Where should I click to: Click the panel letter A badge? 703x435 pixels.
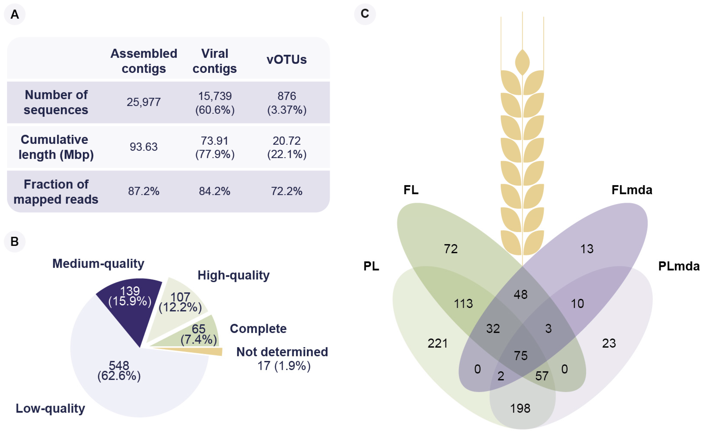(14, 14)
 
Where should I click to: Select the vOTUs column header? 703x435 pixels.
(286, 59)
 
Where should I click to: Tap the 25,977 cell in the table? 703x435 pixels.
(144, 102)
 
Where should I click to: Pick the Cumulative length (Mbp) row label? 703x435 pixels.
(56, 147)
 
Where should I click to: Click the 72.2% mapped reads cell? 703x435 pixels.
(286, 191)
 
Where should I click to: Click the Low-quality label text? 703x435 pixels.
(50, 408)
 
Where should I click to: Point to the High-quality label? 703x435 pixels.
(233, 275)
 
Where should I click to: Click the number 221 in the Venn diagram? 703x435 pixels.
(437, 343)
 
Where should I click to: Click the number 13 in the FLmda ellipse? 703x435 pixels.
(587, 249)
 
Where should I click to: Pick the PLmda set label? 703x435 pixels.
(679, 266)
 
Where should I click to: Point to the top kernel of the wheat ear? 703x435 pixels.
(522, 62)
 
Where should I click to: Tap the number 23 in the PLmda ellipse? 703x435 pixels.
(609, 343)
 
